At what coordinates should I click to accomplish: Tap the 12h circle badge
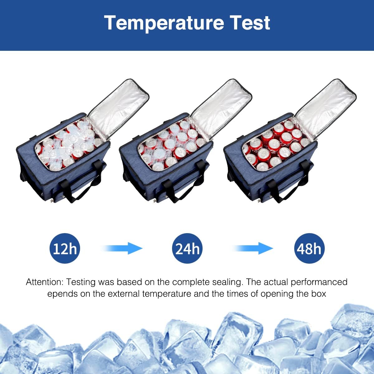tap(65, 248)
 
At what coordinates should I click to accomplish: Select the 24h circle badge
tap(187, 248)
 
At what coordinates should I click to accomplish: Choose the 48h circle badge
tap(309, 248)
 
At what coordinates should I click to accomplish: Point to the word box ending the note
tap(319, 294)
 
